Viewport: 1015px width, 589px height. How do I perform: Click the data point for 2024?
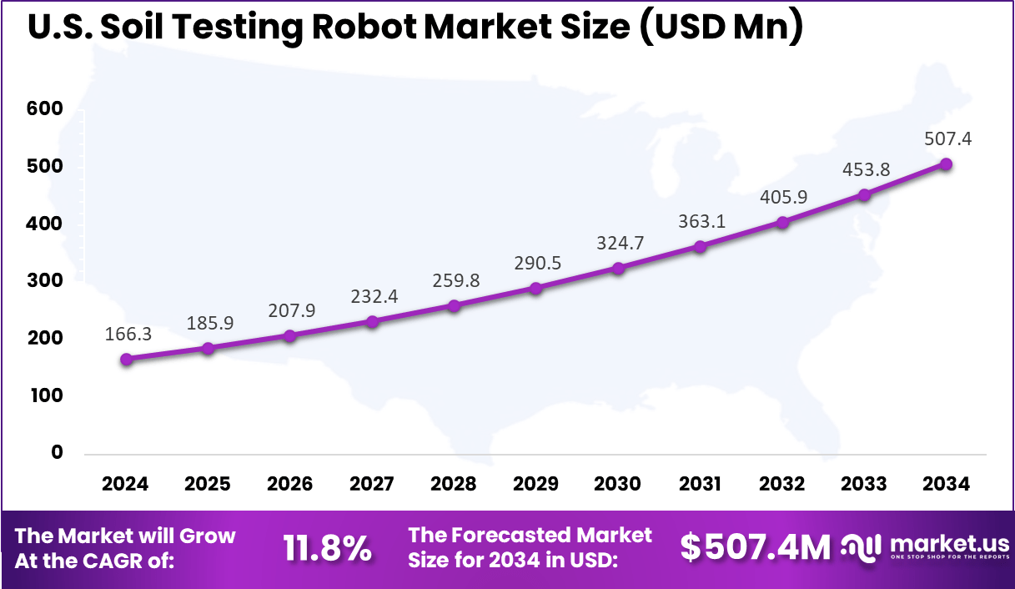tap(126, 360)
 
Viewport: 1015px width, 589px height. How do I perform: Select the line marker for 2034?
tap(946, 164)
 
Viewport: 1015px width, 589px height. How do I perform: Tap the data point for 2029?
tap(535, 288)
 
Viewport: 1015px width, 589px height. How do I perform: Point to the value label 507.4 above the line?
tap(947, 138)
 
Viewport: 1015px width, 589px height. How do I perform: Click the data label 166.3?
tap(128, 334)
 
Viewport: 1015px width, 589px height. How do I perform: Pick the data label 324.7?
tap(619, 244)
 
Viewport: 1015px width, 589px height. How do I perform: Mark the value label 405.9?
tap(783, 198)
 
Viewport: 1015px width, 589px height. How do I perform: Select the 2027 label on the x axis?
tap(371, 484)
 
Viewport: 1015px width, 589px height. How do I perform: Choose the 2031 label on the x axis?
tap(700, 484)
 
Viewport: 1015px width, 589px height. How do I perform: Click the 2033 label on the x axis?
tap(864, 484)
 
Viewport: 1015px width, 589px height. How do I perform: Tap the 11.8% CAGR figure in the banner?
tap(327, 548)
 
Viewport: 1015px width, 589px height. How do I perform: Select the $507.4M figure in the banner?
tap(756, 548)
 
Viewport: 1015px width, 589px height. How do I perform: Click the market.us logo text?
tap(950, 543)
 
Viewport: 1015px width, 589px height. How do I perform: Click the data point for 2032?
tap(782, 223)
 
